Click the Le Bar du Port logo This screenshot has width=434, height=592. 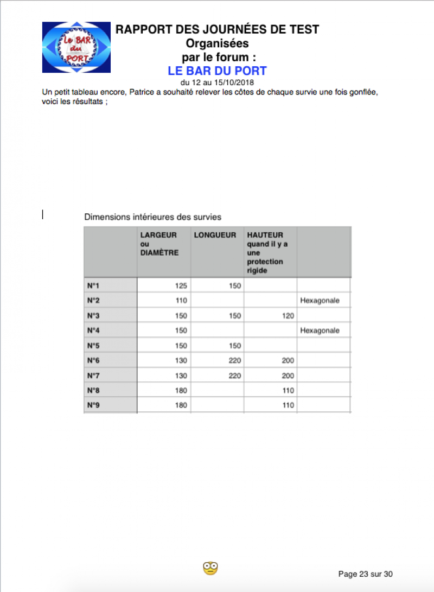coord(76,47)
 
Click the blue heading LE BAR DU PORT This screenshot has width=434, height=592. coord(217,71)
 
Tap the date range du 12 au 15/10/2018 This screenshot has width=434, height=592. coord(217,82)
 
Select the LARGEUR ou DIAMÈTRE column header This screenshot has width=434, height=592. coord(159,244)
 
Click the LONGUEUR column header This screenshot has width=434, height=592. coord(215,235)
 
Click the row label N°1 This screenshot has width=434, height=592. coord(93,285)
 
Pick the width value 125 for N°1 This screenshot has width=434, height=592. coord(181,285)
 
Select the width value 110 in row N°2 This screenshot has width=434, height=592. coord(181,301)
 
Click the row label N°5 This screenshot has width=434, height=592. coord(93,346)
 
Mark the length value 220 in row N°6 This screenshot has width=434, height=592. coord(234,360)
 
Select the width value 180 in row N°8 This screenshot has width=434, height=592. coord(181,391)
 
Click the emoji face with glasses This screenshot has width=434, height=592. coord(210,568)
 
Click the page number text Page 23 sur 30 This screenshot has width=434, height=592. coord(365,574)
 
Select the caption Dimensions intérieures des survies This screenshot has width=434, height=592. coord(152,217)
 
